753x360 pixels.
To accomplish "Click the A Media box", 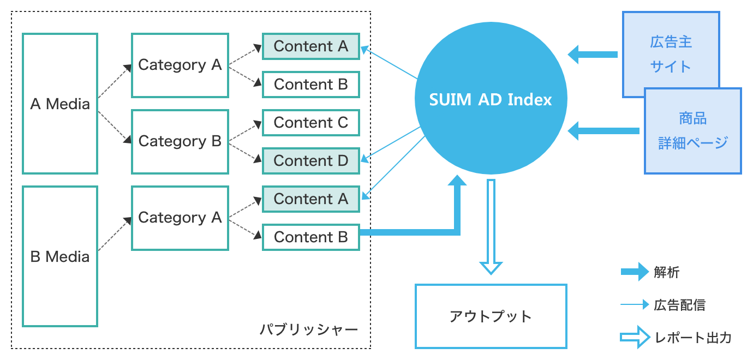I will tap(60, 104).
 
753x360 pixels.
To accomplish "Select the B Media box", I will tap(60, 256).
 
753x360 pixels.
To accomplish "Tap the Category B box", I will tap(180, 141).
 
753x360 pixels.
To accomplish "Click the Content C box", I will tap(310, 123).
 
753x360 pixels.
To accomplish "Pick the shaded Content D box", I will tap(310, 161).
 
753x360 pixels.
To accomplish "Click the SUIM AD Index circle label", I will tap(491, 100).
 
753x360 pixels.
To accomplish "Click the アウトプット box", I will tap(491, 316).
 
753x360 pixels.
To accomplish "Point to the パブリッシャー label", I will tap(309, 329).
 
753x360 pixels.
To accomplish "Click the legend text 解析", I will tap(666, 272).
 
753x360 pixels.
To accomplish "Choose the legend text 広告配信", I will tap(679, 305).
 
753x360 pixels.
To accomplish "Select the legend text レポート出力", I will tap(692, 338).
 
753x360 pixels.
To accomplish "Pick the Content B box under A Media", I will tap(310, 85).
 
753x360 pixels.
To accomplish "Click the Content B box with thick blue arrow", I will tap(310, 237).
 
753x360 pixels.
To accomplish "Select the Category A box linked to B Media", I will tap(180, 218).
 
